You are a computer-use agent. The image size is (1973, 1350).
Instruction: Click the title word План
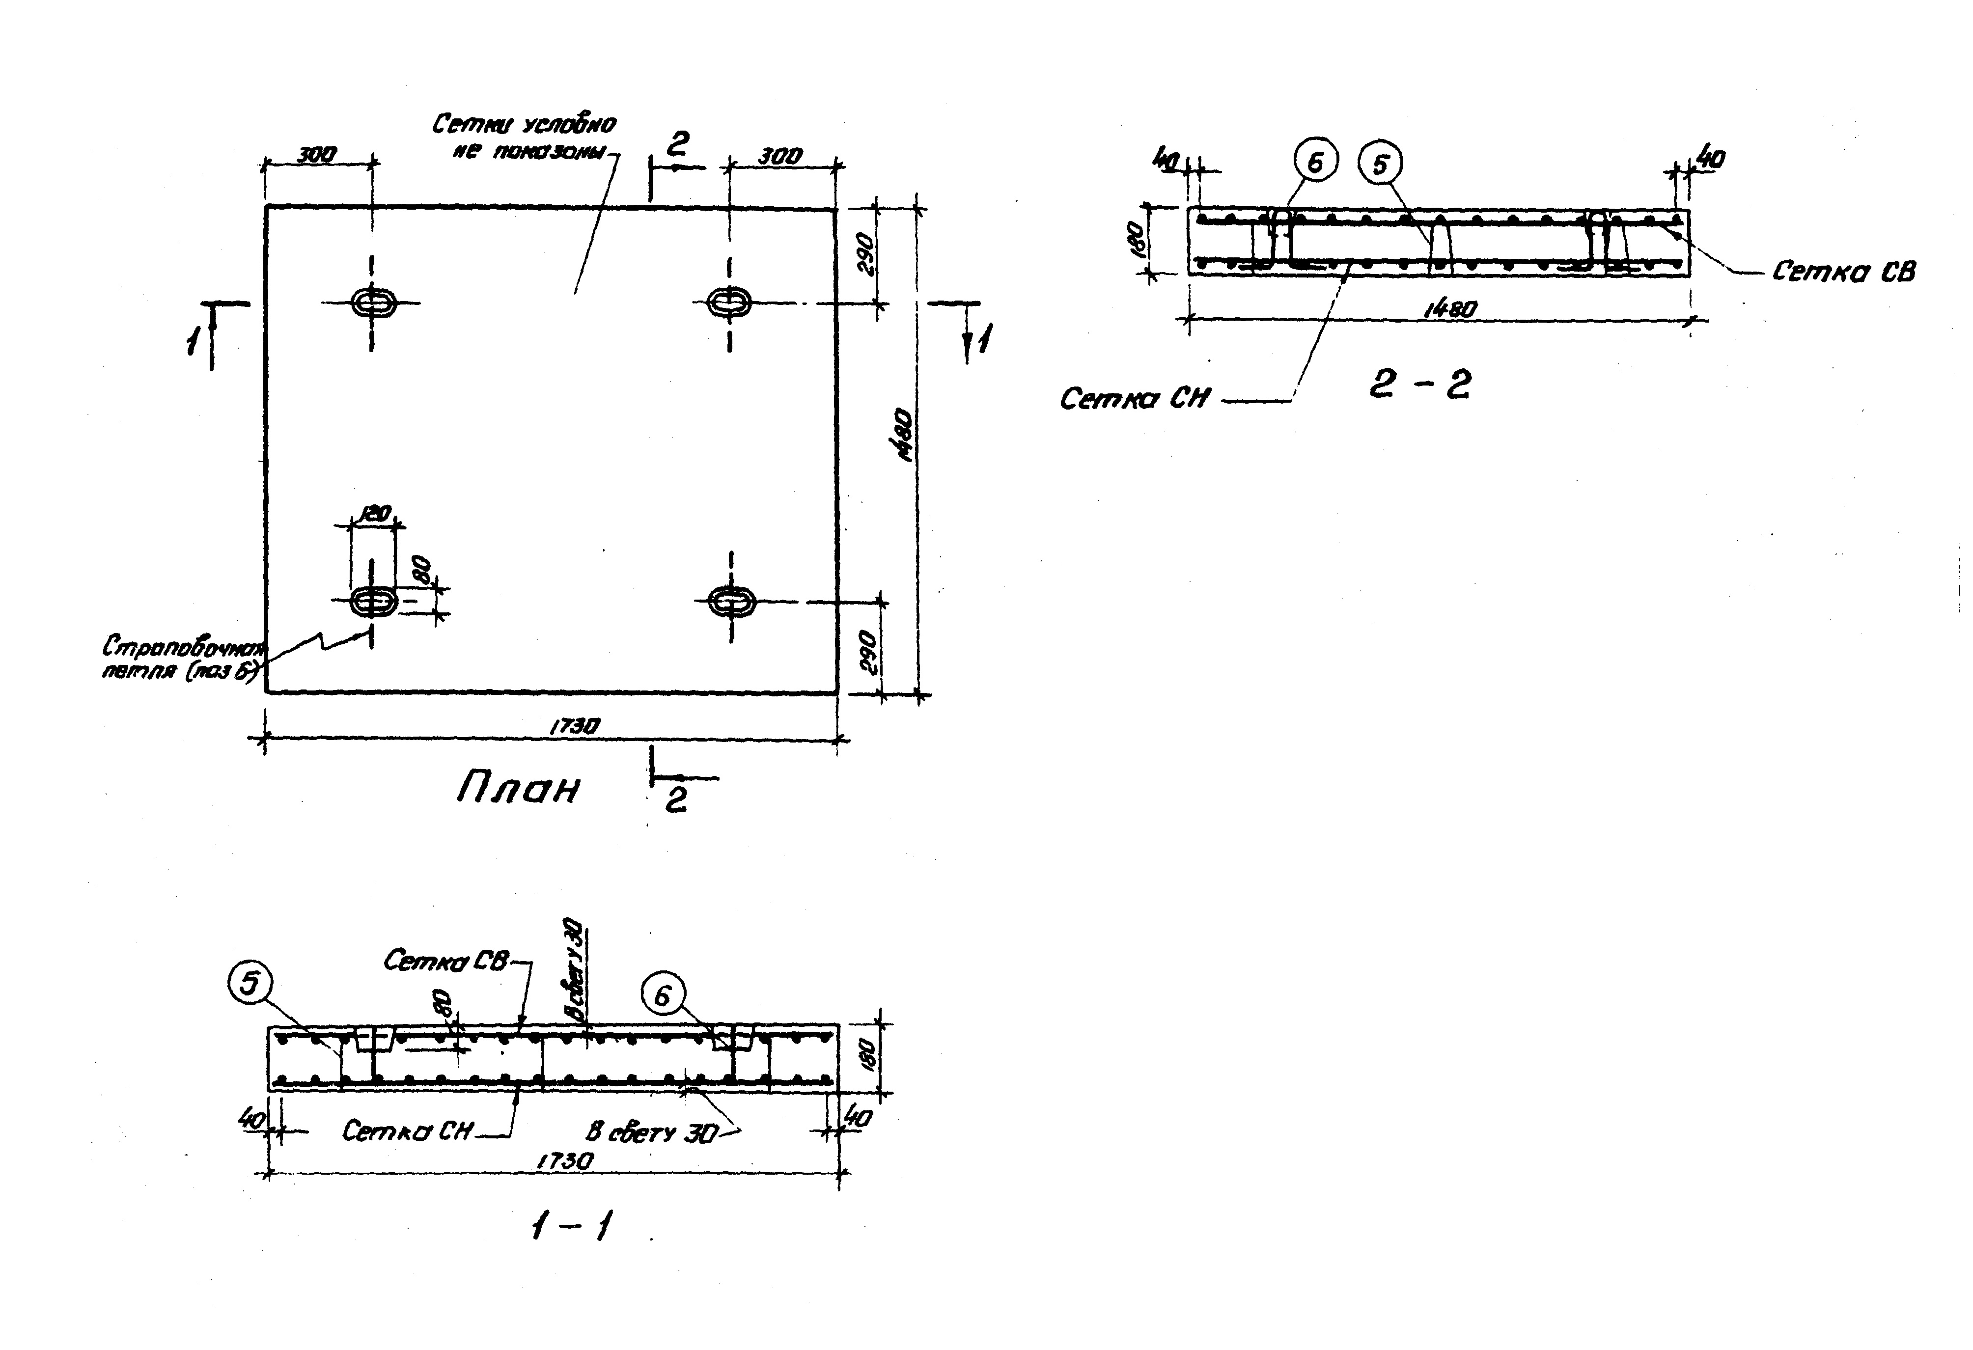(518, 790)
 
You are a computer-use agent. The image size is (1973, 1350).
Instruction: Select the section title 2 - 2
(1419, 385)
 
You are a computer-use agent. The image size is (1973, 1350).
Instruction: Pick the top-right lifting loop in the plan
(729, 301)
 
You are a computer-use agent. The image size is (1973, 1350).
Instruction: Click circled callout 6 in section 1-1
(663, 995)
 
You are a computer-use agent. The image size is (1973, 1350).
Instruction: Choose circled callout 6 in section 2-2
(1315, 162)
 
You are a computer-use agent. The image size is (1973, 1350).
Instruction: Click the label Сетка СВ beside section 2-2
(1843, 272)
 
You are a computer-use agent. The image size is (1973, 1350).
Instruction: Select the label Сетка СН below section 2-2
(1134, 398)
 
